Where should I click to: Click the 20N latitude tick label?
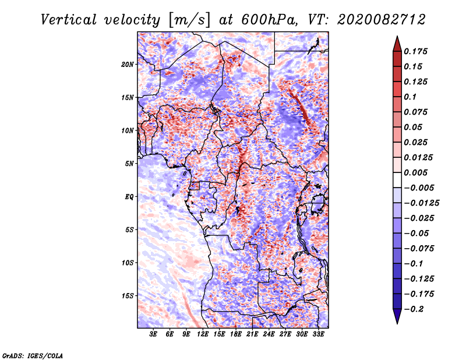click(127, 65)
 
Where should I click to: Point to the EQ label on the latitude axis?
click(129, 197)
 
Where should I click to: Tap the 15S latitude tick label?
click(128, 296)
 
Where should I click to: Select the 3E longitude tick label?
click(153, 334)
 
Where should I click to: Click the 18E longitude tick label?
click(236, 334)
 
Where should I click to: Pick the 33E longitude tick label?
click(318, 334)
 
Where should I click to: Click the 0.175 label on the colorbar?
click(415, 51)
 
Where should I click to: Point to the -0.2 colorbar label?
click(414, 309)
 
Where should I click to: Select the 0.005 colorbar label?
click(415, 172)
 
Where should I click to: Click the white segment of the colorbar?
click(397, 180)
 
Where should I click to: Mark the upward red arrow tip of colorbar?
click(397, 36)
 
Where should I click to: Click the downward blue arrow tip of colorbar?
click(397, 323)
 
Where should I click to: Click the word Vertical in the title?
click(69, 20)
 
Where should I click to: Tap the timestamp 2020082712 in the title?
click(382, 20)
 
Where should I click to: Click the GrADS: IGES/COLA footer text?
click(33, 356)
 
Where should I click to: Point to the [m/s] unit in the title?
click(189, 20)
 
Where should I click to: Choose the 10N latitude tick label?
click(127, 130)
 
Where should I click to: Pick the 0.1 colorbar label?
click(410, 97)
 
